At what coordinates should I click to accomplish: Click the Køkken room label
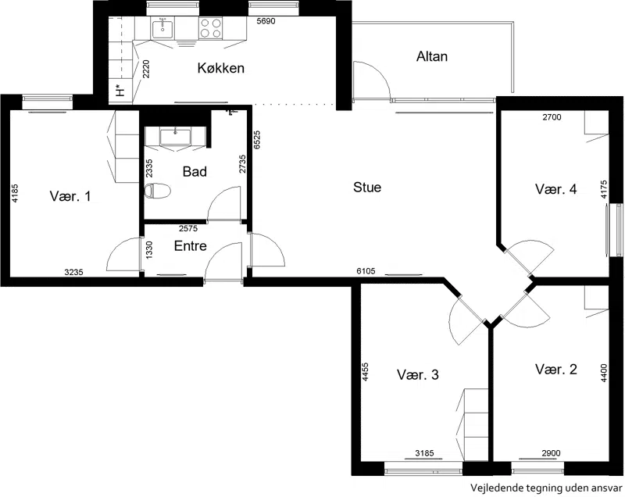point(220,68)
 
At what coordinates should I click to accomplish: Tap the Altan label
point(432,56)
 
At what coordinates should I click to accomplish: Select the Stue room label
point(367,187)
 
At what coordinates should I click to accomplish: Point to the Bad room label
point(195,172)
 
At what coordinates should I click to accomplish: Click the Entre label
point(190,245)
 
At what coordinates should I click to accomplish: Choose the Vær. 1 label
point(70,195)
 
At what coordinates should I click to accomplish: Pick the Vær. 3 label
point(418,374)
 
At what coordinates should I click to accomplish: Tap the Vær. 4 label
point(555,189)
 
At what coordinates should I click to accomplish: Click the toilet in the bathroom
point(157,191)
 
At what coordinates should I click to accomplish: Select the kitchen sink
point(162,29)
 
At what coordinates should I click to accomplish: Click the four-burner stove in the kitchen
point(210,28)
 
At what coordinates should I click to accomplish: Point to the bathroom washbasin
point(175,137)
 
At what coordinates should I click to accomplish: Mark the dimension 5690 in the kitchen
point(266,21)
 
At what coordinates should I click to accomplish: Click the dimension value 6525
point(257,140)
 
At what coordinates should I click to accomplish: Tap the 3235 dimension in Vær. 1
point(73,272)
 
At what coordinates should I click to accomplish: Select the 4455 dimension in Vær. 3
point(366,372)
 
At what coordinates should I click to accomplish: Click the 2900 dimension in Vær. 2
point(551,453)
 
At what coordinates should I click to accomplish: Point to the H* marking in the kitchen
point(120,91)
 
